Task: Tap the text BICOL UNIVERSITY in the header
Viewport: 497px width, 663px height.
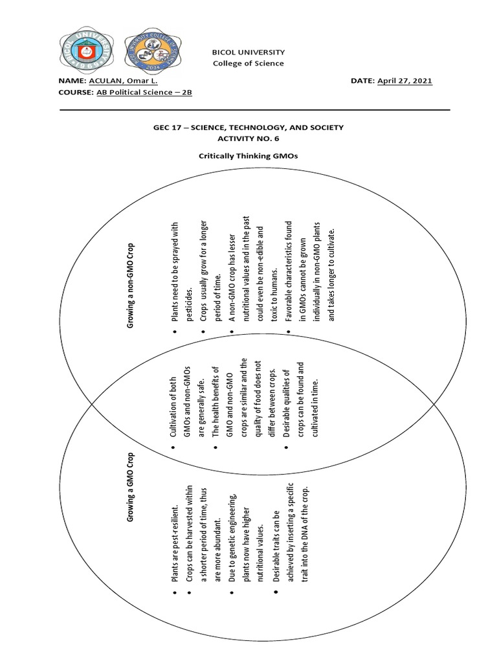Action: tap(248, 51)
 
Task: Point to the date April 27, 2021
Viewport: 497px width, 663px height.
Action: tap(404, 80)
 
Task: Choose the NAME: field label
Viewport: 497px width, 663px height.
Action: tap(76, 80)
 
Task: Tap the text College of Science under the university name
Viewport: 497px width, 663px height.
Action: tap(248, 63)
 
